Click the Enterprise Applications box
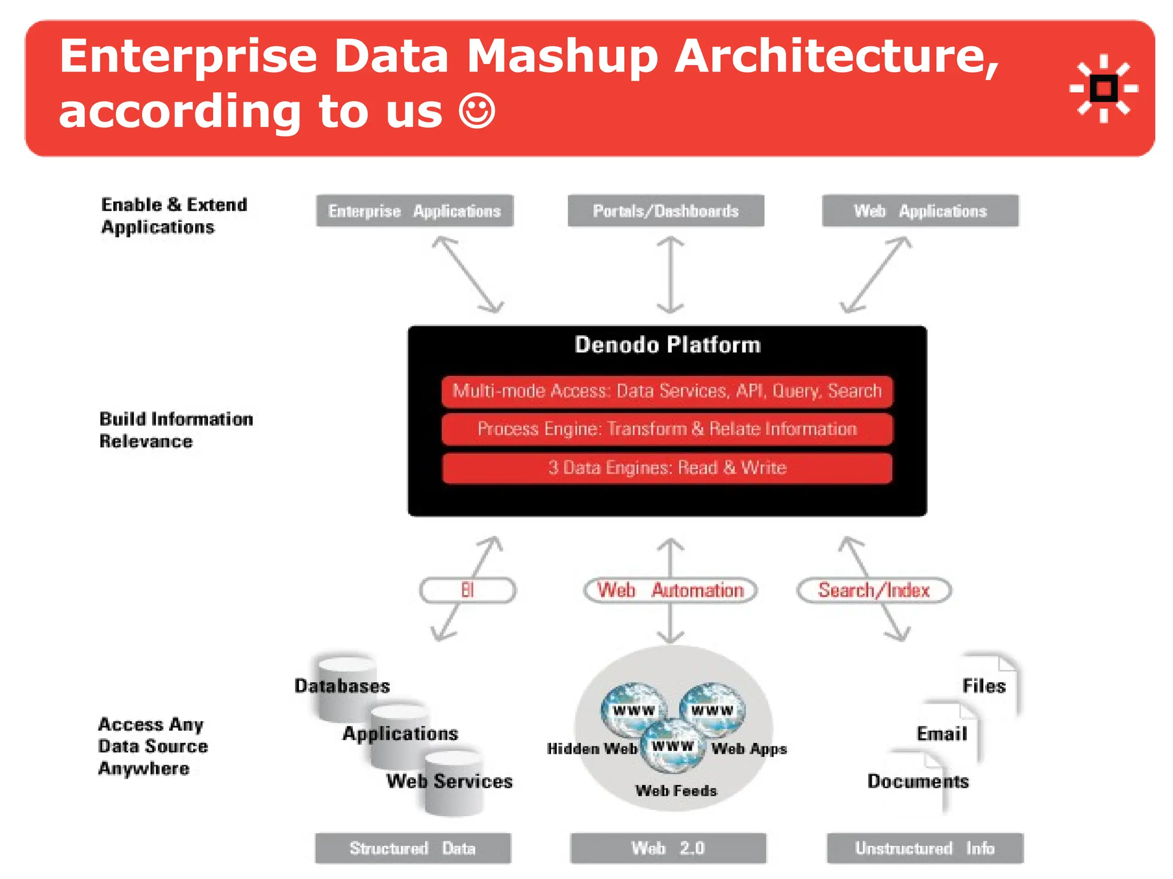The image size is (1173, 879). point(415,211)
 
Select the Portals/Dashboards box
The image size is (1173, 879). point(666,211)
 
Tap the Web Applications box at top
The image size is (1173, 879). point(920,211)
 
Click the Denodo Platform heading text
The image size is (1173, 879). point(667,345)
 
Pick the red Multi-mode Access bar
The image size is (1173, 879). point(667,391)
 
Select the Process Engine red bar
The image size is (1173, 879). point(667,429)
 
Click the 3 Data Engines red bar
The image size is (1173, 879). point(667,468)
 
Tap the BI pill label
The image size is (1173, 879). point(467,590)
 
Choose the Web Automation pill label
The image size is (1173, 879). point(670,590)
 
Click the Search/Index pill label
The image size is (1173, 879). point(873,590)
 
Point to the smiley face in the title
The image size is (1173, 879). point(477,111)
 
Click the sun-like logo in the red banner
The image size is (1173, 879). point(1103,89)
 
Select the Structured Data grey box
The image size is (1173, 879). point(412,848)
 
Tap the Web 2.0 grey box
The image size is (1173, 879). point(668,848)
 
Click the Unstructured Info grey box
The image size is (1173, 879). point(924,848)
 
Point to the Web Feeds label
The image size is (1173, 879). point(676,791)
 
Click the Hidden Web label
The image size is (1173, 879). point(592,749)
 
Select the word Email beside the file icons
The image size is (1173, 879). point(942,734)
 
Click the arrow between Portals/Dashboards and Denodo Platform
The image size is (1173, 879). point(670,275)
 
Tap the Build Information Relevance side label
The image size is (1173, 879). point(175,430)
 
